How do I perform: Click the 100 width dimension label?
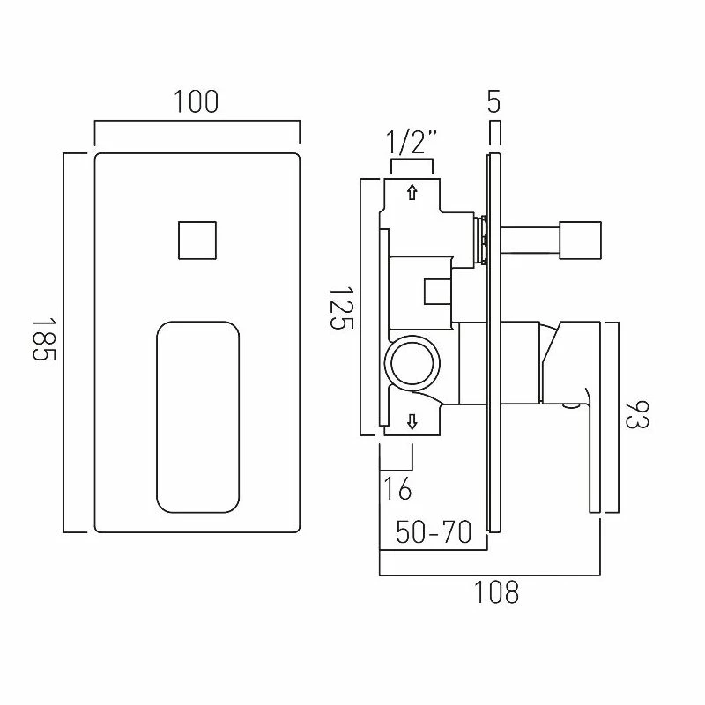click(196, 101)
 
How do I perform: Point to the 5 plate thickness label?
click(493, 101)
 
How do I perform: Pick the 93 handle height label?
click(636, 416)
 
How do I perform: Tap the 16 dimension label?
click(397, 486)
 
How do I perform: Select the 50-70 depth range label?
click(433, 532)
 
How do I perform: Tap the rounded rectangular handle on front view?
click(197, 415)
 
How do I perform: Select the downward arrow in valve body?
click(412, 422)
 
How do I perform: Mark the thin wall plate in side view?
click(493, 344)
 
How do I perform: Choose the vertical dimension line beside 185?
click(64, 342)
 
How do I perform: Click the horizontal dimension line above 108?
click(489, 575)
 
